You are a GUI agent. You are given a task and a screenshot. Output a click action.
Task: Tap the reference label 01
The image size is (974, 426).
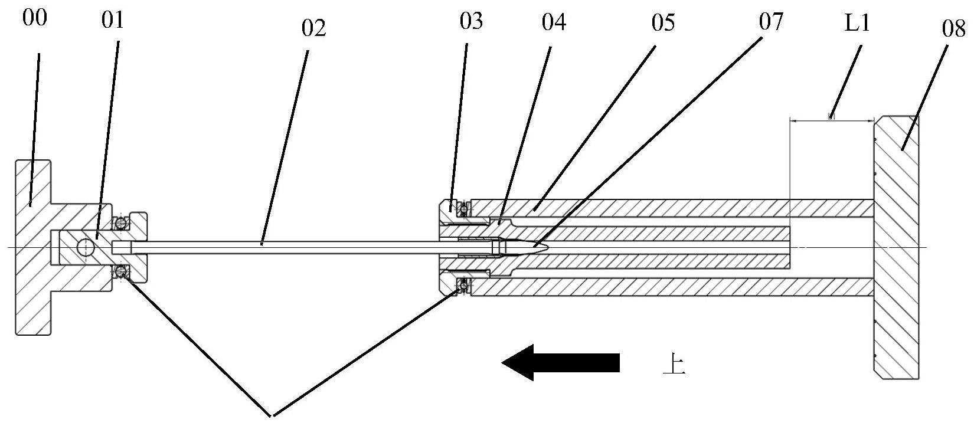click(x=113, y=21)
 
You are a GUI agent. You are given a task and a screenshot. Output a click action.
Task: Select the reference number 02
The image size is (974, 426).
click(x=313, y=28)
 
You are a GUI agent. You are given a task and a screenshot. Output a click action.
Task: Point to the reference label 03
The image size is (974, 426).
click(x=471, y=22)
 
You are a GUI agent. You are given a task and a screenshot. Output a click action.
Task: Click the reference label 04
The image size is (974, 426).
click(x=554, y=22)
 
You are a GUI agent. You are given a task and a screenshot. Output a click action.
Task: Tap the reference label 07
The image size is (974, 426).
click(x=771, y=22)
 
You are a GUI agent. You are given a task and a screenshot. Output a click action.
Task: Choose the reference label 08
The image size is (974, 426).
click(x=953, y=30)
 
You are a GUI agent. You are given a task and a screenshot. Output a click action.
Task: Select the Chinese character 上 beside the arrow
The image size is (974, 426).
click(x=674, y=364)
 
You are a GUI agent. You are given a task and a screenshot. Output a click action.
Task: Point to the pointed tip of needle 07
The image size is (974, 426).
click(x=550, y=247)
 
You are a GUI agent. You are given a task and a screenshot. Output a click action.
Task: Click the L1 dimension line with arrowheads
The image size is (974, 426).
click(x=832, y=120)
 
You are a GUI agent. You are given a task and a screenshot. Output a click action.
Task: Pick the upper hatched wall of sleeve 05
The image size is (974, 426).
click(x=649, y=208)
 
